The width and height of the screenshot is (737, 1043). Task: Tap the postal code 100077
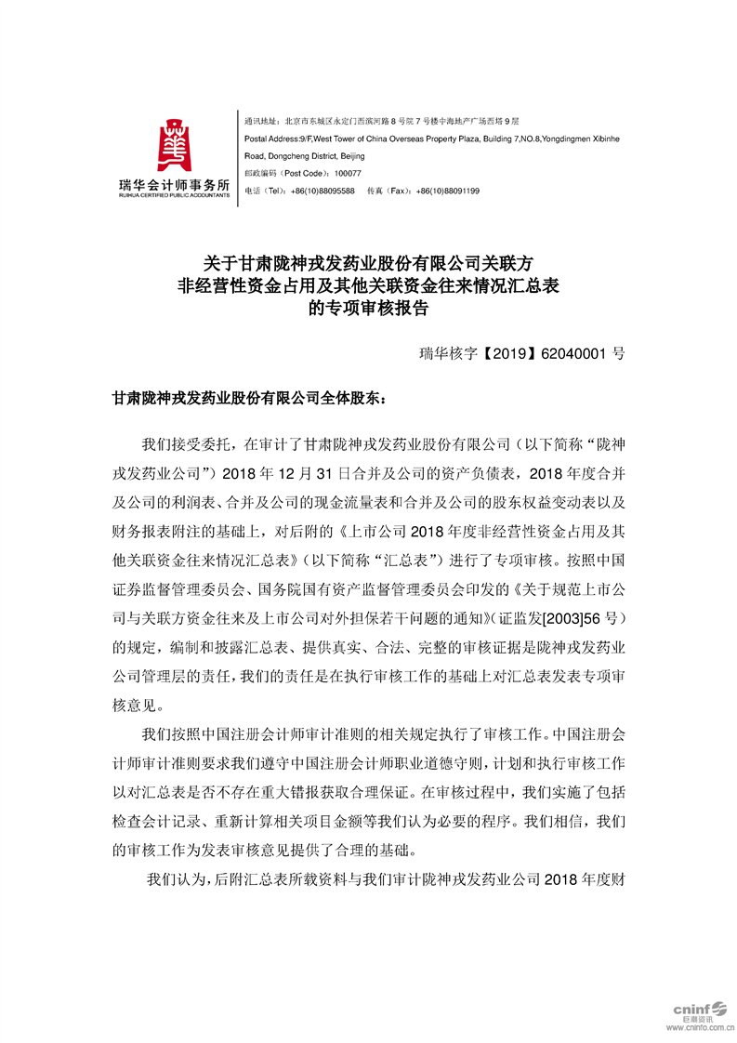tap(347, 174)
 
